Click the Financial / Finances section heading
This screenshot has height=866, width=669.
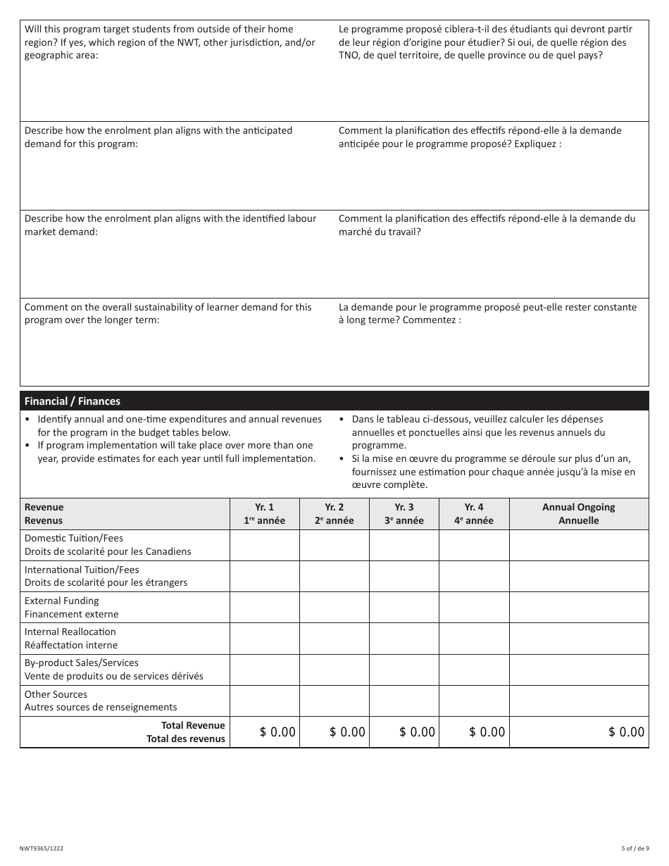tap(73, 401)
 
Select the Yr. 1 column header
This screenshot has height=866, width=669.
tap(265, 514)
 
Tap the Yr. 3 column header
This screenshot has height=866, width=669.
tap(404, 514)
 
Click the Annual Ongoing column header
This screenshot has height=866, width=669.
tap(578, 514)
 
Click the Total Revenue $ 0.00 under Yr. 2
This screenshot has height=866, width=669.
tap(347, 732)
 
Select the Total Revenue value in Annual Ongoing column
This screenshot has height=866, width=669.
tap(626, 732)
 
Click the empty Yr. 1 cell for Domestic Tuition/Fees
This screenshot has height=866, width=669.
tap(265, 545)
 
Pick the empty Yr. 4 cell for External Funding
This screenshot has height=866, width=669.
tap(474, 607)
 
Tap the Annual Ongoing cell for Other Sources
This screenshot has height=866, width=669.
tap(578, 701)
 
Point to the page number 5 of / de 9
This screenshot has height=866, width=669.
tap(634, 848)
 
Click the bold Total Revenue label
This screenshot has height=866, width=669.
tap(193, 726)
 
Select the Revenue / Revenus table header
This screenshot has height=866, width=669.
tap(44, 514)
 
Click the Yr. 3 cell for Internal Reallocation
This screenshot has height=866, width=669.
tap(404, 638)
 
